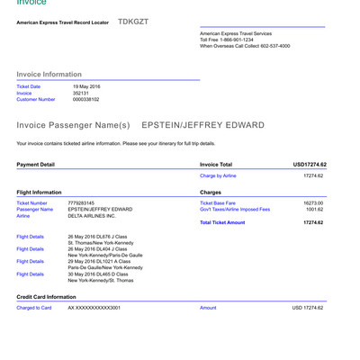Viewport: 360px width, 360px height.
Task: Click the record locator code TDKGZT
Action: (132, 20)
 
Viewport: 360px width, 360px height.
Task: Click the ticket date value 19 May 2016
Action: (88, 86)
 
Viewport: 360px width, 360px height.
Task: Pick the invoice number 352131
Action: (81, 93)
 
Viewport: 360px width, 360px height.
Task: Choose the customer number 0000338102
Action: (85, 100)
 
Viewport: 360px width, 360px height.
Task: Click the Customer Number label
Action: (36, 100)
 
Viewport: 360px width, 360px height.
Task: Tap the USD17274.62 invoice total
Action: (309, 165)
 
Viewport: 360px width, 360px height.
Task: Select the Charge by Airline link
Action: (218, 176)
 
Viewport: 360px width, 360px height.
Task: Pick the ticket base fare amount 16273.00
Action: (313, 203)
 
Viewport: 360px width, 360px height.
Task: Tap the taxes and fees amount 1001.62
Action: (314, 210)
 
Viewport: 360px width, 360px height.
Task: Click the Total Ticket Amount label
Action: (222, 222)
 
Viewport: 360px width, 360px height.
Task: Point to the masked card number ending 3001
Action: (94, 308)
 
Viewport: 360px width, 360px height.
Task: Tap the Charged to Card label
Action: (34, 308)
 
